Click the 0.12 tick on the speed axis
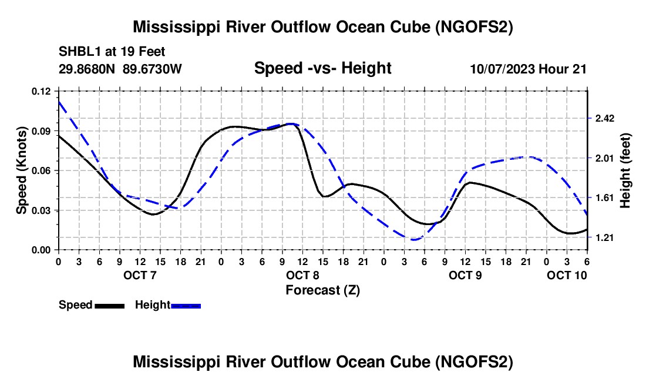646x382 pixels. coord(42,91)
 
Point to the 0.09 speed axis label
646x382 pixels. coord(42,130)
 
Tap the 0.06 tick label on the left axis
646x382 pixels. coord(42,170)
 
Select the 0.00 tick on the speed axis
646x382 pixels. coord(42,250)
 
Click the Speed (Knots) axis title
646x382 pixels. coord(21,170)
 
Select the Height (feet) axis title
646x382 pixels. coord(626,170)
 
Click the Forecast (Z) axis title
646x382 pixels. coord(322,290)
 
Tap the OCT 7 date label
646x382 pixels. coord(140,275)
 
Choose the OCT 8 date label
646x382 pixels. coord(302,275)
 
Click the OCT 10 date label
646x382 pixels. coord(567,275)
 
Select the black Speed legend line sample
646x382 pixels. coord(109,305)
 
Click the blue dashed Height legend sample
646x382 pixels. coord(186,305)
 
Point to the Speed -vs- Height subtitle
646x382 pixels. coord(322,68)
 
